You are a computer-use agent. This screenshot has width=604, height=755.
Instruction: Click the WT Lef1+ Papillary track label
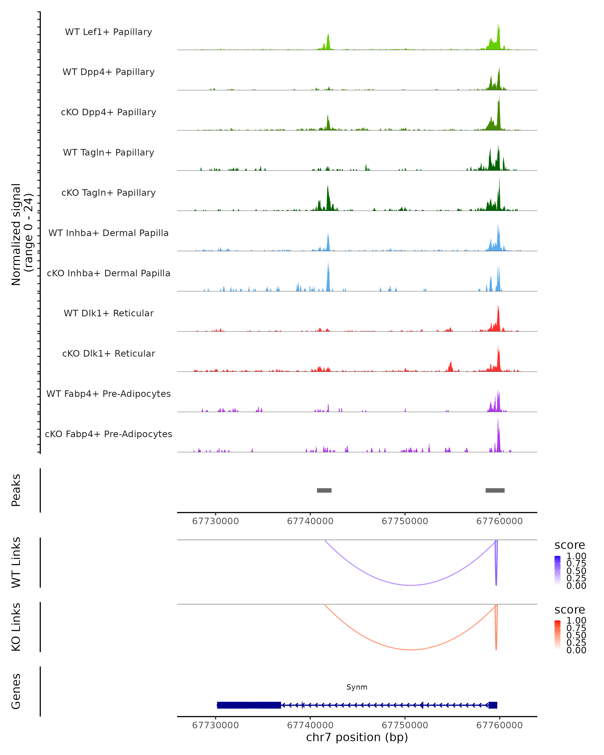(x=108, y=32)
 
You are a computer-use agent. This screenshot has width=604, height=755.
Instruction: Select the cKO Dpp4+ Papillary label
(x=108, y=112)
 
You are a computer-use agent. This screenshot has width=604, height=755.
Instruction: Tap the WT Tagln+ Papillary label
(x=108, y=153)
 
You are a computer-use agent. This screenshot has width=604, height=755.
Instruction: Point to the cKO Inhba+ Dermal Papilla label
(x=108, y=274)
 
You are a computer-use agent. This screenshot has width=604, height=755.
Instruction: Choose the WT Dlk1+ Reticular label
(x=108, y=313)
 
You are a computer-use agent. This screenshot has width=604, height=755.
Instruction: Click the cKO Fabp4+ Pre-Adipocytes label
(x=108, y=434)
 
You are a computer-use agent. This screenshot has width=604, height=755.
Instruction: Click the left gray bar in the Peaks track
(x=324, y=490)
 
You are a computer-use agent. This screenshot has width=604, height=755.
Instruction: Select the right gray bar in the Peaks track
(x=495, y=490)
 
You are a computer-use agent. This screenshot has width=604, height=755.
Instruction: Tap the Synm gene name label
(x=357, y=687)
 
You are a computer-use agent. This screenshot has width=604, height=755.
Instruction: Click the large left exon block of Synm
(x=249, y=705)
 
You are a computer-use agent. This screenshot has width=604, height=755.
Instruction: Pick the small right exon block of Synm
(x=493, y=705)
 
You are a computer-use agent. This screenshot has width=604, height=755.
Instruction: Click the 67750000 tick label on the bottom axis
(x=405, y=725)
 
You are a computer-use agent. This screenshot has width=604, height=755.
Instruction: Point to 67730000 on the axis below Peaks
(x=215, y=521)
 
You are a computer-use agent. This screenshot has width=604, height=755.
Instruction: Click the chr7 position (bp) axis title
(x=357, y=737)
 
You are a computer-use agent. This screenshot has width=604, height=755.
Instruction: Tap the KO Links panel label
(x=16, y=627)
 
